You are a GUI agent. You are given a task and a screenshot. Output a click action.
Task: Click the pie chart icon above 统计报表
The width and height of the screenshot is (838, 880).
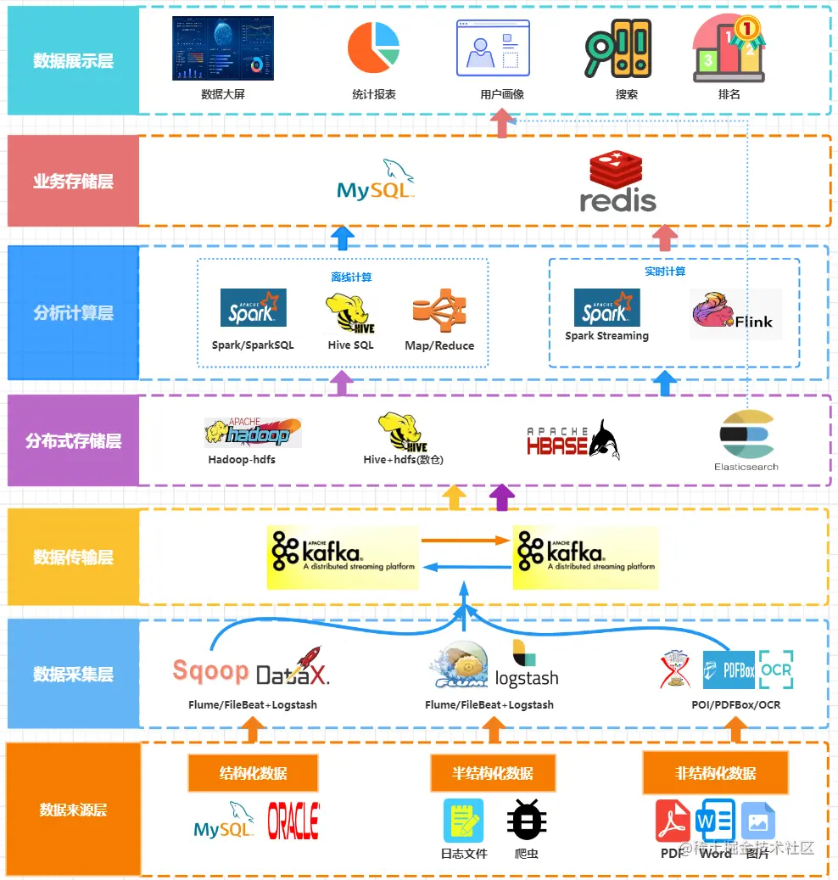point(374,48)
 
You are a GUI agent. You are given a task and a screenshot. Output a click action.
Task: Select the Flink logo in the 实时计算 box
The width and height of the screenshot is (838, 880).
point(735,314)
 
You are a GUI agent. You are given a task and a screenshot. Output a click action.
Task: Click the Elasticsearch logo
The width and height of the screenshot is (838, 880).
point(746,434)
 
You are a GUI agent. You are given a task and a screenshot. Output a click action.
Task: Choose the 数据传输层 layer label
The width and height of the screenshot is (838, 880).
point(73,557)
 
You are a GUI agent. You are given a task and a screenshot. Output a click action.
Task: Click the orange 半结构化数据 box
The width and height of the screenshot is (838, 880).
point(493,773)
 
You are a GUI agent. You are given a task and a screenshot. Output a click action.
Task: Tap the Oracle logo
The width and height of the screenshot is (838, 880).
point(293,821)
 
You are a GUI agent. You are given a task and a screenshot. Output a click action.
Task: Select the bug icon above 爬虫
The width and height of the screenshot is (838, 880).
point(527,821)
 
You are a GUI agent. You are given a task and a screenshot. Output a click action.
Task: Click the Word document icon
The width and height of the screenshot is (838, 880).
point(715,821)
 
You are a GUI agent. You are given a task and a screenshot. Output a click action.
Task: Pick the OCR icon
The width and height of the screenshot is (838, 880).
point(776,670)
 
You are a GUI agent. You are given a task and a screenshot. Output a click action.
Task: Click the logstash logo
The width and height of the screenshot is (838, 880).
point(526,667)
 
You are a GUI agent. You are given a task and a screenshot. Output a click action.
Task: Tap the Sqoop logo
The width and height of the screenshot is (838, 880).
point(210,671)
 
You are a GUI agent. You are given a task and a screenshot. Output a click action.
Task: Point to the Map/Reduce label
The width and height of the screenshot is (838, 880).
point(439,345)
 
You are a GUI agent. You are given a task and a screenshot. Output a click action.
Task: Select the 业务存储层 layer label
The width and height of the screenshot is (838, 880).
point(73,181)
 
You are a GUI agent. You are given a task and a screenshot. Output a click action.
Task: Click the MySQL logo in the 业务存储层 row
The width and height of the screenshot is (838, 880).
point(376,181)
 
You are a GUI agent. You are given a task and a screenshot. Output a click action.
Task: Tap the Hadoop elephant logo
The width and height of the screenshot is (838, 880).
point(253,433)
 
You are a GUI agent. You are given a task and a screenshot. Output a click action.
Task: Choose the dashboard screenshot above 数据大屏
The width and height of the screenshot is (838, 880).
point(223,48)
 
